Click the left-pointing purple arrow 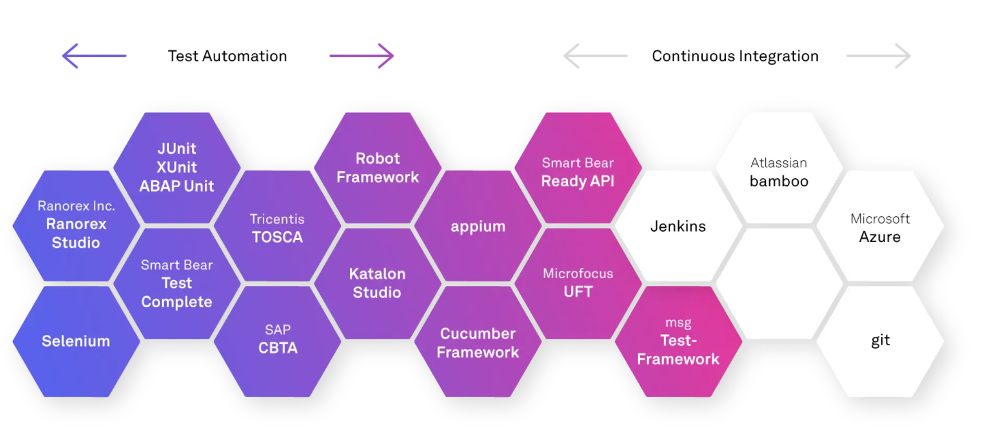tap(94, 56)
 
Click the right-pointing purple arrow tap(363, 56)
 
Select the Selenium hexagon tap(76, 341)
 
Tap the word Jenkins tap(678, 226)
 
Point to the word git tap(880, 340)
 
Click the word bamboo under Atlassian tap(779, 181)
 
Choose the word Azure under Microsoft tap(880, 237)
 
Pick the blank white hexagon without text tap(779, 284)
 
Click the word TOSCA tap(277, 237)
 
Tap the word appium tap(478, 227)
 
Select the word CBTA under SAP tap(278, 348)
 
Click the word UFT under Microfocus tap(578, 292)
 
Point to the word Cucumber tap(478, 333)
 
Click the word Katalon tap(377, 274)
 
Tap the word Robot tap(377, 158)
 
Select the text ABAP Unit tap(177, 186)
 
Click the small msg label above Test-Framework tap(678, 322)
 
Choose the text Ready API tap(578, 181)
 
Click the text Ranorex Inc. tap(76, 206)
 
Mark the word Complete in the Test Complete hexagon tap(177, 302)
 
